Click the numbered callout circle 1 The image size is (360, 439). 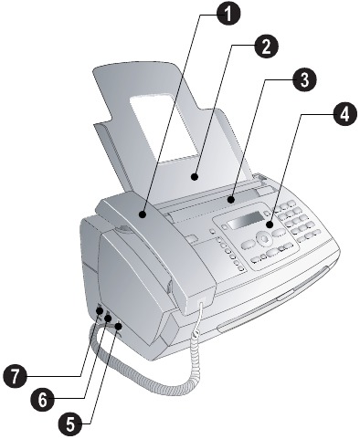coord(228,14)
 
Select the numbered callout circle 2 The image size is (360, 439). coord(266,47)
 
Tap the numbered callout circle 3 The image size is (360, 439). coord(304,79)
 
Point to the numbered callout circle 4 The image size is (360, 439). coord(344,114)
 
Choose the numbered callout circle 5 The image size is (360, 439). coord(70,423)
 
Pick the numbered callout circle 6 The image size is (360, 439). coord(42,399)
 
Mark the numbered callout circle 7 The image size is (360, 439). coord(15,376)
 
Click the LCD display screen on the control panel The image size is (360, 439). coord(246,221)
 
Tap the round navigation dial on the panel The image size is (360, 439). coord(264,238)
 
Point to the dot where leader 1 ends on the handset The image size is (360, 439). coord(143,214)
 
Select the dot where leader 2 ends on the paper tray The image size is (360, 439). coord(195,176)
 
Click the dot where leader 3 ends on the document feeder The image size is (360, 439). coord(231,200)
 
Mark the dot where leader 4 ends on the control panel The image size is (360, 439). coord(270,225)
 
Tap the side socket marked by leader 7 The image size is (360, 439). coord(100,311)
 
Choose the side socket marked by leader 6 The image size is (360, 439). coord(108,319)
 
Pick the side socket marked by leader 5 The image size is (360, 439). coord(119,327)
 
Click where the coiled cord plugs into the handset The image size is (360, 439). coord(202,301)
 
